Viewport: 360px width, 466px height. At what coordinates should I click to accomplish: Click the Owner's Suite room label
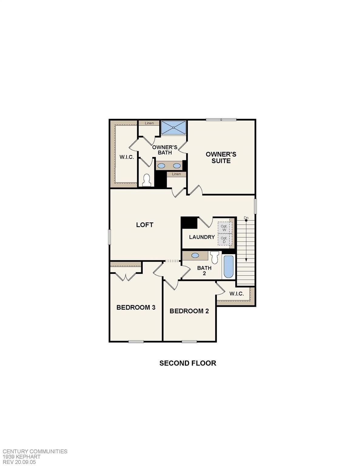coord(221,157)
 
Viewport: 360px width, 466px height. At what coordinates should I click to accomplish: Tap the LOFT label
coord(145,225)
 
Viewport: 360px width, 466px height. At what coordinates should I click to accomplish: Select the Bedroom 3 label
coord(136,307)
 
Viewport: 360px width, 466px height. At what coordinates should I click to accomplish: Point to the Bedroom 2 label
coord(189,311)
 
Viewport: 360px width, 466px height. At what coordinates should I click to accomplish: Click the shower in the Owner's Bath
coord(173,127)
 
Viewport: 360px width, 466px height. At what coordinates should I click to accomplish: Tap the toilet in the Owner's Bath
coord(146,180)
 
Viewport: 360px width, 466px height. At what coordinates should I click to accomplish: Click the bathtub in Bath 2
coord(228,267)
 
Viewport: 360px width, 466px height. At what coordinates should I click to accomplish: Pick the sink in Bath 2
coord(195,255)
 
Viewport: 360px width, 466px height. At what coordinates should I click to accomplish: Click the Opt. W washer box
coord(224,228)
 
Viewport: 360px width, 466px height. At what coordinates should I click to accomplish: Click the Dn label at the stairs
coord(246,218)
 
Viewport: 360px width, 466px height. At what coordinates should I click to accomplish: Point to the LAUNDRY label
coord(202,237)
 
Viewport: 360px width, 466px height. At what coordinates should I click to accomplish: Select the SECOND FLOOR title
coord(188,363)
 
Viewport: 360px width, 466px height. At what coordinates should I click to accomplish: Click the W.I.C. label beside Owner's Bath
coord(126,157)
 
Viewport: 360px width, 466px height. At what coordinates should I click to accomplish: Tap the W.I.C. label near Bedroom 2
coord(237,294)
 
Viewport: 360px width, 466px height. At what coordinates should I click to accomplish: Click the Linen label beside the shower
coord(149,123)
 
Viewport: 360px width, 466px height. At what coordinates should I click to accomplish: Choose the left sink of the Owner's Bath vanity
coord(161,166)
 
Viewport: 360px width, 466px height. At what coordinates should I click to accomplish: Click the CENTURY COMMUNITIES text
coord(35,451)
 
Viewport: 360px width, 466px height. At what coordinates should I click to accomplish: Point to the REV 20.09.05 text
coord(19,462)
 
